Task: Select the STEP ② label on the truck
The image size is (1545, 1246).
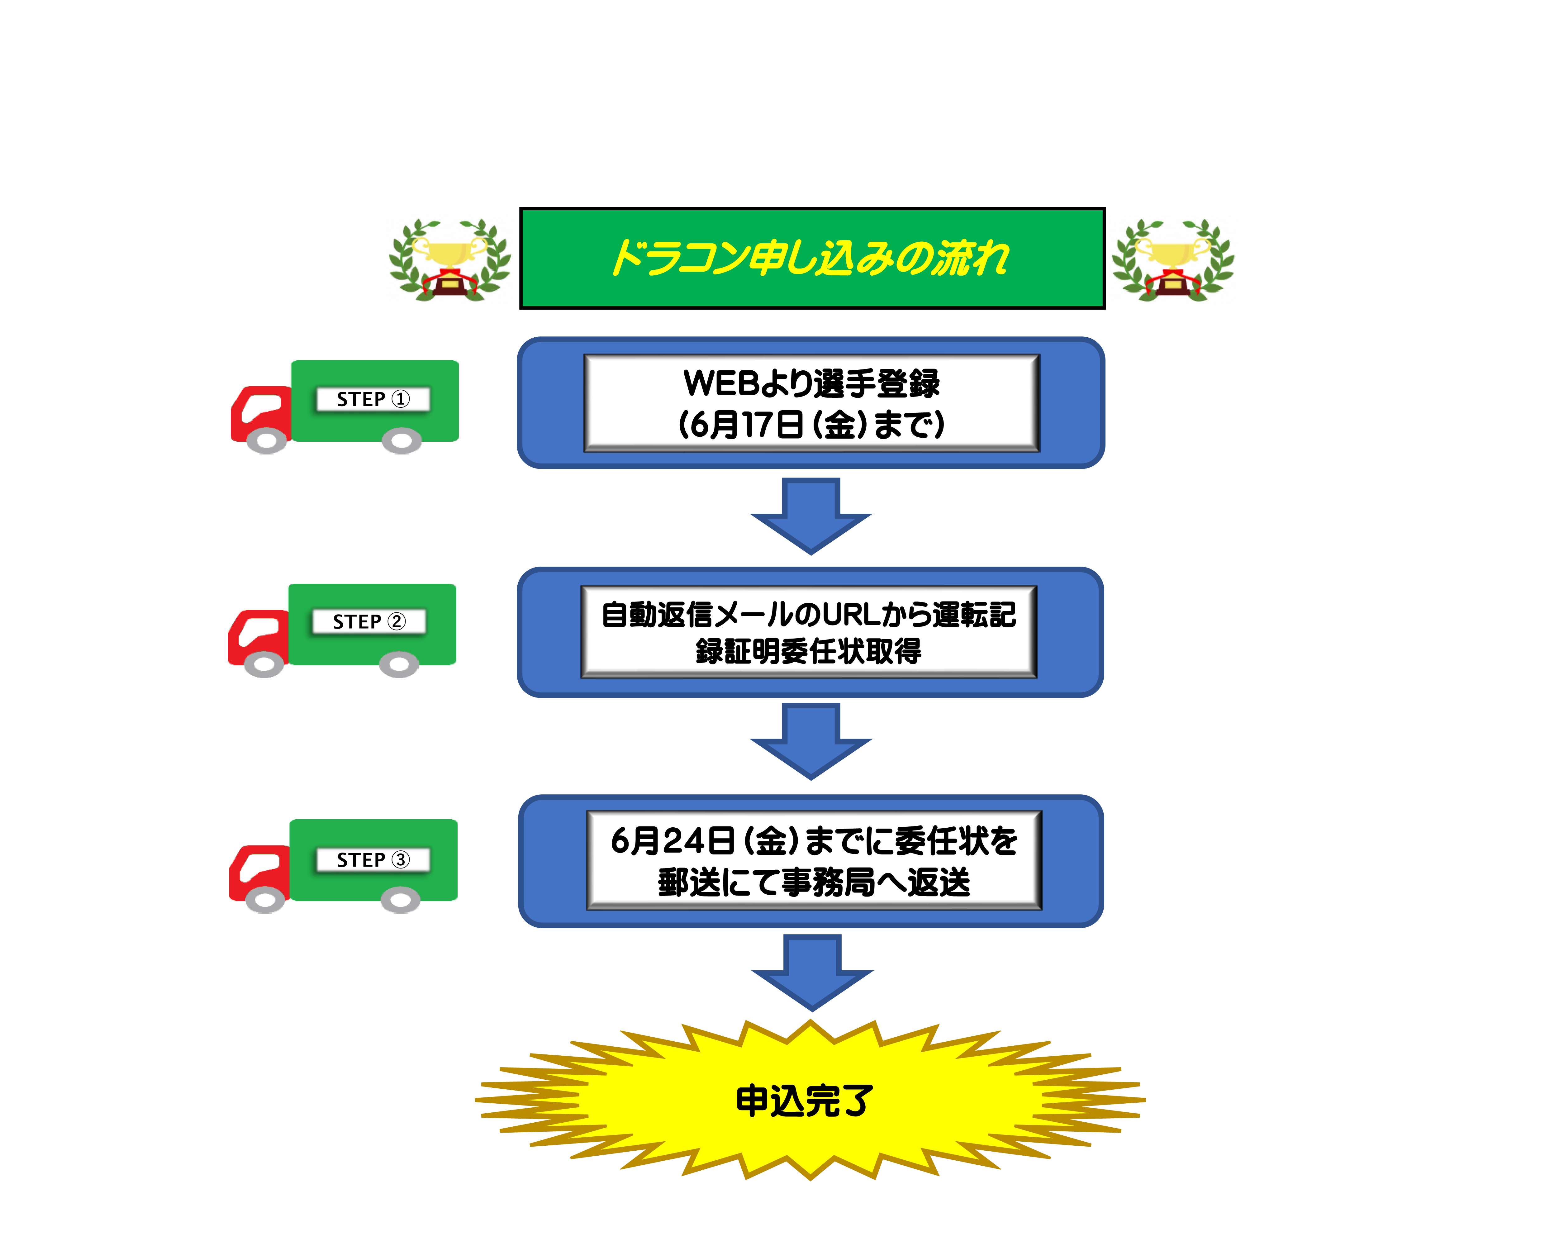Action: pos(369,621)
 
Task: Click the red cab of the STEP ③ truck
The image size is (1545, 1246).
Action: pos(258,870)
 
